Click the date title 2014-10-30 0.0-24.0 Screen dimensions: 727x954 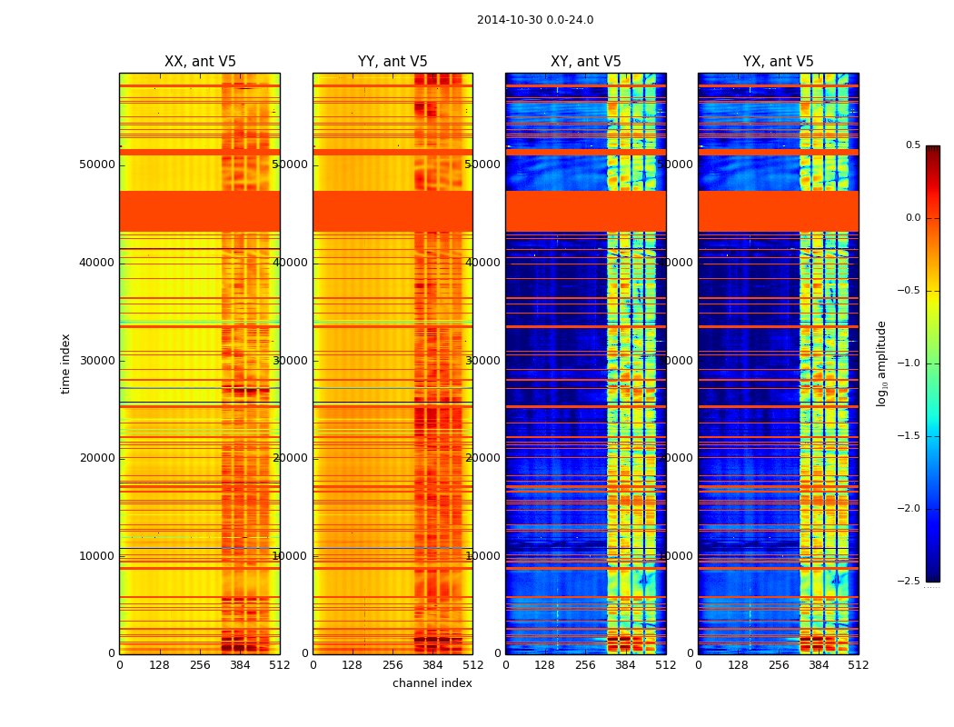pos(534,20)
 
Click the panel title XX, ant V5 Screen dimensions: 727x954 pos(200,62)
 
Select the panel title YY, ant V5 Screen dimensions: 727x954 pos(393,62)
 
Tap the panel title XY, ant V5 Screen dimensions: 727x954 pos(586,62)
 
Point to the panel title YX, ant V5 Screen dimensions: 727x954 pos(779,62)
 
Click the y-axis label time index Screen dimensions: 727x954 pos(65,363)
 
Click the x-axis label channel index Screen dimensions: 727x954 pos(432,683)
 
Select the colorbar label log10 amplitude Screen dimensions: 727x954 pos(881,363)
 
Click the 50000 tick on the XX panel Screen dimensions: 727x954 pos(97,164)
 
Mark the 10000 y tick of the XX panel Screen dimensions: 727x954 pos(97,556)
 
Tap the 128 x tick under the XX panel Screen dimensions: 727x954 pos(160,665)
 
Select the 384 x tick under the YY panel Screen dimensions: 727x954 pos(432,665)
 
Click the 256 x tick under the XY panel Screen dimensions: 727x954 pos(586,665)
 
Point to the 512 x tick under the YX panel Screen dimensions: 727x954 pos(859,665)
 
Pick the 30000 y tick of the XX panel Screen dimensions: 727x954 pos(97,361)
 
